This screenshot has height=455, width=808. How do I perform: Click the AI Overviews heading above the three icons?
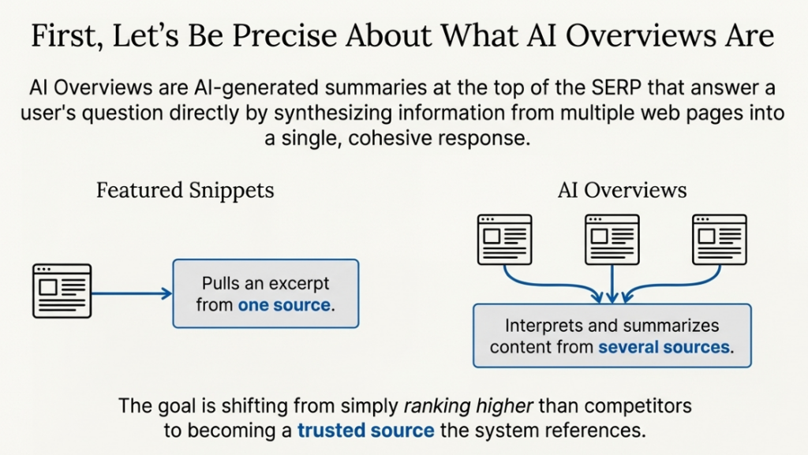(x=622, y=190)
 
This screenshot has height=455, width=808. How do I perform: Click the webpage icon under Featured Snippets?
(x=62, y=291)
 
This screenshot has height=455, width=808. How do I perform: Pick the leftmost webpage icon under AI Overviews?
(x=505, y=239)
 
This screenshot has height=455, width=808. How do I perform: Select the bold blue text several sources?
(x=664, y=347)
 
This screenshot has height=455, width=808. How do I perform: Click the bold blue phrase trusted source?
(x=365, y=431)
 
